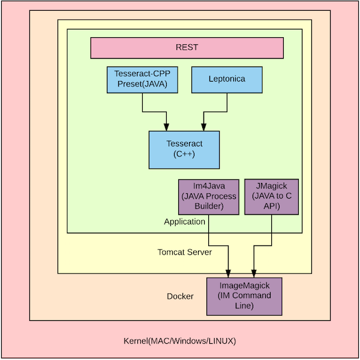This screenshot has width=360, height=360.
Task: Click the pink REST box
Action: coord(187,47)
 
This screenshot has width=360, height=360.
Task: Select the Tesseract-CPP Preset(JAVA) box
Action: coord(143,79)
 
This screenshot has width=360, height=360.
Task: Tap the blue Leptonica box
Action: coord(227,79)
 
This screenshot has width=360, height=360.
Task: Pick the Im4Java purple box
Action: coord(209,197)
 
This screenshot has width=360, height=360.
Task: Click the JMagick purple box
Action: coord(272,197)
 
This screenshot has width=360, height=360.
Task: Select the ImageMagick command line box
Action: coord(244,296)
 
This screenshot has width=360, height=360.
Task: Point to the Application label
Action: coord(185,222)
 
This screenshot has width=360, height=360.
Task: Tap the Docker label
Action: coord(180,296)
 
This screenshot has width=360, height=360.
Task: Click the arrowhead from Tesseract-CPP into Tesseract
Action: coord(166,127)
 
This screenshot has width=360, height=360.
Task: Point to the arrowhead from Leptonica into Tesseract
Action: coord(203,127)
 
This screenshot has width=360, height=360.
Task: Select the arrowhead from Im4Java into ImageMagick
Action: coord(229,272)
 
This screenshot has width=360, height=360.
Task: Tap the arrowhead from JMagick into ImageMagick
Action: coord(253,272)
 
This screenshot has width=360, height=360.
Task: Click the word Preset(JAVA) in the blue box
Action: coord(143,85)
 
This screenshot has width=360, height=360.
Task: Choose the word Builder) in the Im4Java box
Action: coord(209,207)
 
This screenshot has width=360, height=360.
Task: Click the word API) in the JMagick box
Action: coord(272,207)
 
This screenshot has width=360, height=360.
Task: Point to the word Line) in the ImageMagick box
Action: coord(244,306)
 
